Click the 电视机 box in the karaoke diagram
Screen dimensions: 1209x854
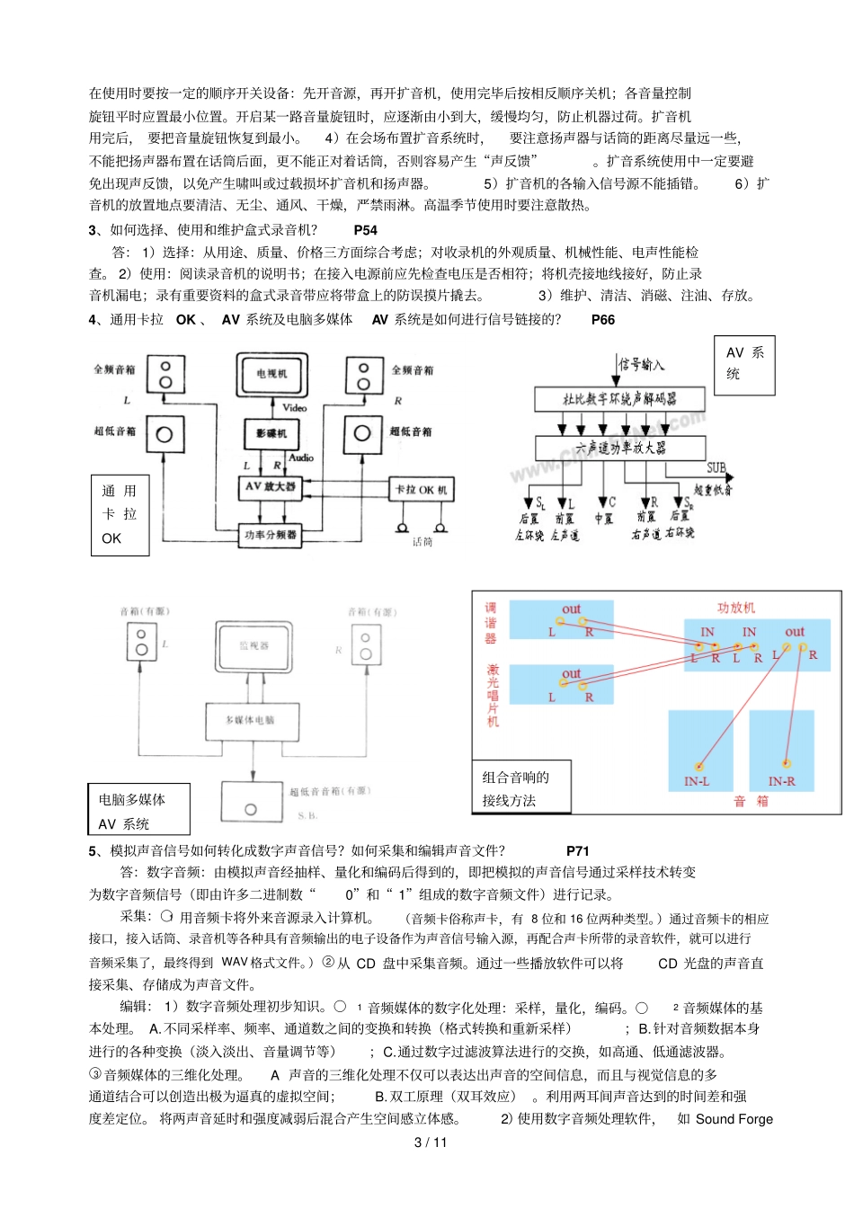click(271, 374)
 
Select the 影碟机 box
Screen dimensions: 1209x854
click(271, 433)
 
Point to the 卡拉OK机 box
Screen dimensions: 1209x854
click(421, 490)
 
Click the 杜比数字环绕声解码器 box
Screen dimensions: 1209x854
click(619, 399)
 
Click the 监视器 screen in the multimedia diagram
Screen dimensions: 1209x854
click(254, 645)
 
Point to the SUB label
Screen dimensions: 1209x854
click(716, 467)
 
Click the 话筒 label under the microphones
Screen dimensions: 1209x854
click(423, 542)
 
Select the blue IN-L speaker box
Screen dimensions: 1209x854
click(697, 751)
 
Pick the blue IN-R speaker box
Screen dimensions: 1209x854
click(781, 751)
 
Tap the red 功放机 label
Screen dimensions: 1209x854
click(735, 608)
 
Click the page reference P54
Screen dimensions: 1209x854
click(365, 230)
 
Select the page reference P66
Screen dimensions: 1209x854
click(602, 319)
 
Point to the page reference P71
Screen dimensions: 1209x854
click(577, 850)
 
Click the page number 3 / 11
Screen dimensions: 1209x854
click(430, 1142)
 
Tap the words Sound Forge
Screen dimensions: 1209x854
click(734, 1119)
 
